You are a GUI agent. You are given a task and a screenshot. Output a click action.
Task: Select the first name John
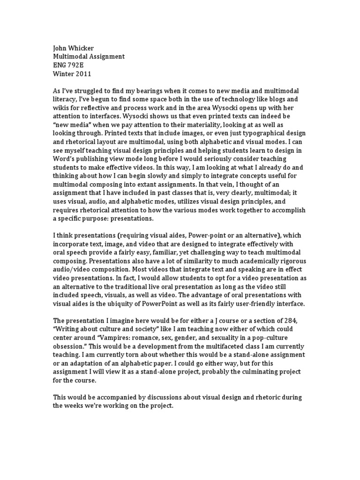pyautogui.click(x=60, y=48)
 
